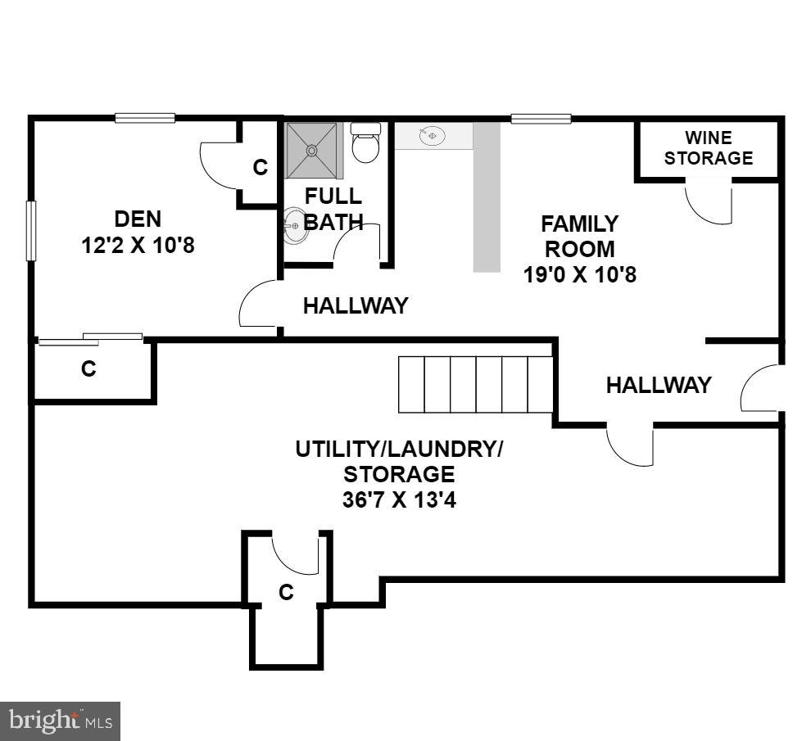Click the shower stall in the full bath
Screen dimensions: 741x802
coord(311,150)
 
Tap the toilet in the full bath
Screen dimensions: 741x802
coord(365,144)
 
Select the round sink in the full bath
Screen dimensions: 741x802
coord(295,225)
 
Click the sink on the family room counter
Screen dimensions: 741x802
coord(432,136)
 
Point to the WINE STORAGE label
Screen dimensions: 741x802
coord(708,148)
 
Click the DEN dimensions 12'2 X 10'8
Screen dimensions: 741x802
coord(138,245)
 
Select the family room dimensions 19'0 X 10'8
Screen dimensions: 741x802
coord(579,274)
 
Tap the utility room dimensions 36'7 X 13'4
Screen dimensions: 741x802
coord(399,499)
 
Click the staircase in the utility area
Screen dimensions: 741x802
coord(476,384)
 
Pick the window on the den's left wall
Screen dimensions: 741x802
coord(31,231)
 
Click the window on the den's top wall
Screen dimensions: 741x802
coord(145,118)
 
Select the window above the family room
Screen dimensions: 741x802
coord(541,119)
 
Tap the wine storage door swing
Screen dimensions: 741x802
coord(707,201)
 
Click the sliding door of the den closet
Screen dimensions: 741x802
coord(91,339)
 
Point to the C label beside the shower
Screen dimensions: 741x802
coord(261,167)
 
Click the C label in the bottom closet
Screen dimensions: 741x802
coord(286,592)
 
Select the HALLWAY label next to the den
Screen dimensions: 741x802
coord(355,306)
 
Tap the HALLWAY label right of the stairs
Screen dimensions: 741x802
coord(658,385)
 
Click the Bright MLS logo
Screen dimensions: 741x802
coord(61,721)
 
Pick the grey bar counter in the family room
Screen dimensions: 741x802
coord(487,197)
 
